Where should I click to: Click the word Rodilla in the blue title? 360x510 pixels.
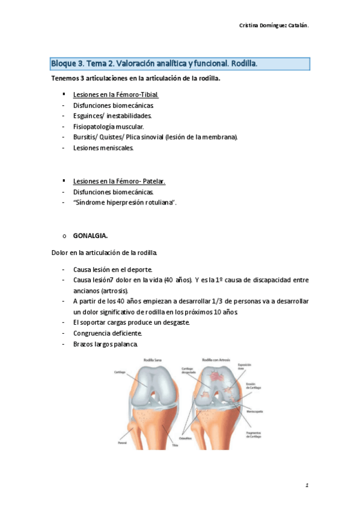click(x=242, y=64)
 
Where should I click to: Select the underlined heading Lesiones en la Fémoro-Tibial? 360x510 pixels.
click(x=115, y=95)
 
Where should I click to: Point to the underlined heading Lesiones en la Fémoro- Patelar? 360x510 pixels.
click(x=119, y=181)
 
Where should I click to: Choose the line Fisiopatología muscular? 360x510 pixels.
click(x=108, y=126)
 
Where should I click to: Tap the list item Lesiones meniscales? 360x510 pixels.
click(x=103, y=147)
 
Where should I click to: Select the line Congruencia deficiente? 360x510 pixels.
click(x=108, y=333)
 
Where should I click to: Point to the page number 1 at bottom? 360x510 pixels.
click(x=307, y=484)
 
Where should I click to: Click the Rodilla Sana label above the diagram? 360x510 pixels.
click(x=153, y=360)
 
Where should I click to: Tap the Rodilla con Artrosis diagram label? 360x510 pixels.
click(x=216, y=360)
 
